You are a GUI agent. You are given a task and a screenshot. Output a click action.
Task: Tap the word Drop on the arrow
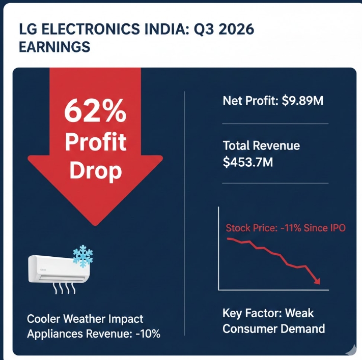click(x=95, y=170)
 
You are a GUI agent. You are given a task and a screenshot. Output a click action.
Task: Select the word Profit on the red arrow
click(x=95, y=142)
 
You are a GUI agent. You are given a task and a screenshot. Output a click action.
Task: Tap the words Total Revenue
click(x=261, y=146)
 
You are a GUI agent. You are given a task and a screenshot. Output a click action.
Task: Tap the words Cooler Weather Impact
click(x=85, y=319)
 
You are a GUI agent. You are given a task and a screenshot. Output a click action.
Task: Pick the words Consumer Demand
click(x=274, y=329)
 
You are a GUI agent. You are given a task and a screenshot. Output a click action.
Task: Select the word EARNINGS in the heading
click(x=54, y=47)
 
